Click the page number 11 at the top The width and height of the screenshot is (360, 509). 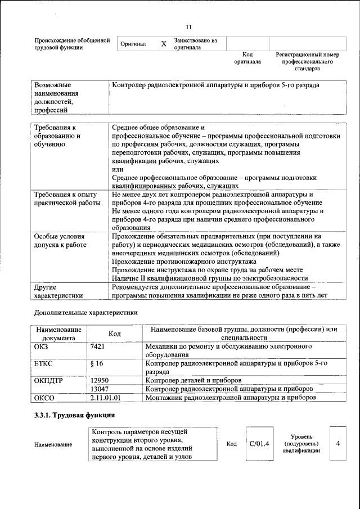[x=189, y=27]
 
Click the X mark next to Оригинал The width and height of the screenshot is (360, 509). [x=164, y=44]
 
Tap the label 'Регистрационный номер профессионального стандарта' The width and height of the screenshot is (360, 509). [x=307, y=62]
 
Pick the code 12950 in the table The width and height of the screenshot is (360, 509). [x=100, y=380]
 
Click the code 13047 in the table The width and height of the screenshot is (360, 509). [x=100, y=389]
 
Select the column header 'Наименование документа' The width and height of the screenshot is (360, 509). [x=59, y=334]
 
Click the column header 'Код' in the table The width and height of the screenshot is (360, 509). [x=115, y=334]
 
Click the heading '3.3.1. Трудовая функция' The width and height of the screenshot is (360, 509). [x=74, y=416]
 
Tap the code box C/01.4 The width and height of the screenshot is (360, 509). [x=259, y=444]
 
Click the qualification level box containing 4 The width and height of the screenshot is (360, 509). [x=338, y=444]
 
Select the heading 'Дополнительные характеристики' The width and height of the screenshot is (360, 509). [x=85, y=312]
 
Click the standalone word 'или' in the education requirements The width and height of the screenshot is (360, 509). [x=118, y=169]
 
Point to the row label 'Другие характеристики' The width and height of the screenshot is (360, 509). [x=58, y=291]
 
